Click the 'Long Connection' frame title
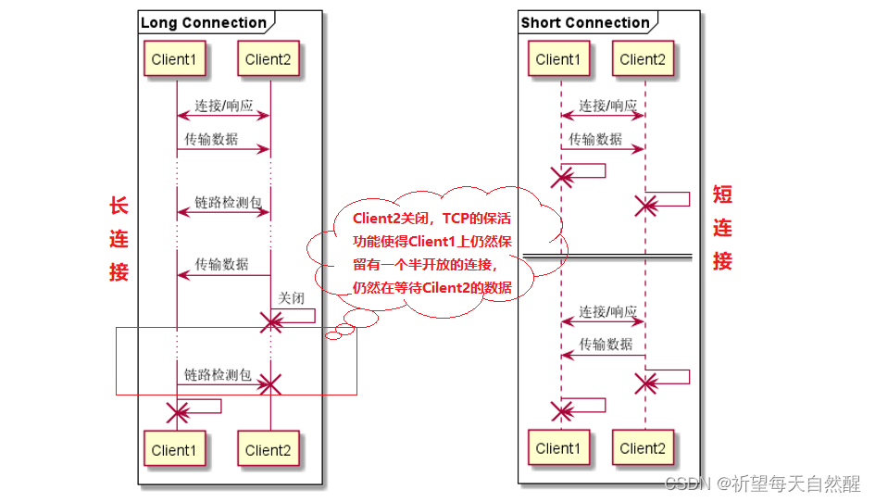tap(204, 22)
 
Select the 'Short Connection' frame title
tap(585, 22)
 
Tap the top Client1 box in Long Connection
tap(174, 59)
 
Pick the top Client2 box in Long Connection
tap(269, 59)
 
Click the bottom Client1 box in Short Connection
tap(557, 448)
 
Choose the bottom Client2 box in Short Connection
tap(644, 448)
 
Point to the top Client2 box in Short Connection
tap(644, 59)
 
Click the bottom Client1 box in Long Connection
tap(174, 450)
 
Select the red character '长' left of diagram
tap(119, 206)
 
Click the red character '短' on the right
tap(722, 195)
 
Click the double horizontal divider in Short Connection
tap(607, 257)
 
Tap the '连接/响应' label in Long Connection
tap(222, 106)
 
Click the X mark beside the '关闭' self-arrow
tap(270, 322)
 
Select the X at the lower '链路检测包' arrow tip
tap(269, 384)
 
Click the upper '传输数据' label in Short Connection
tap(594, 139)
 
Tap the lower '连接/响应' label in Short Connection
tap(607, 311)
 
